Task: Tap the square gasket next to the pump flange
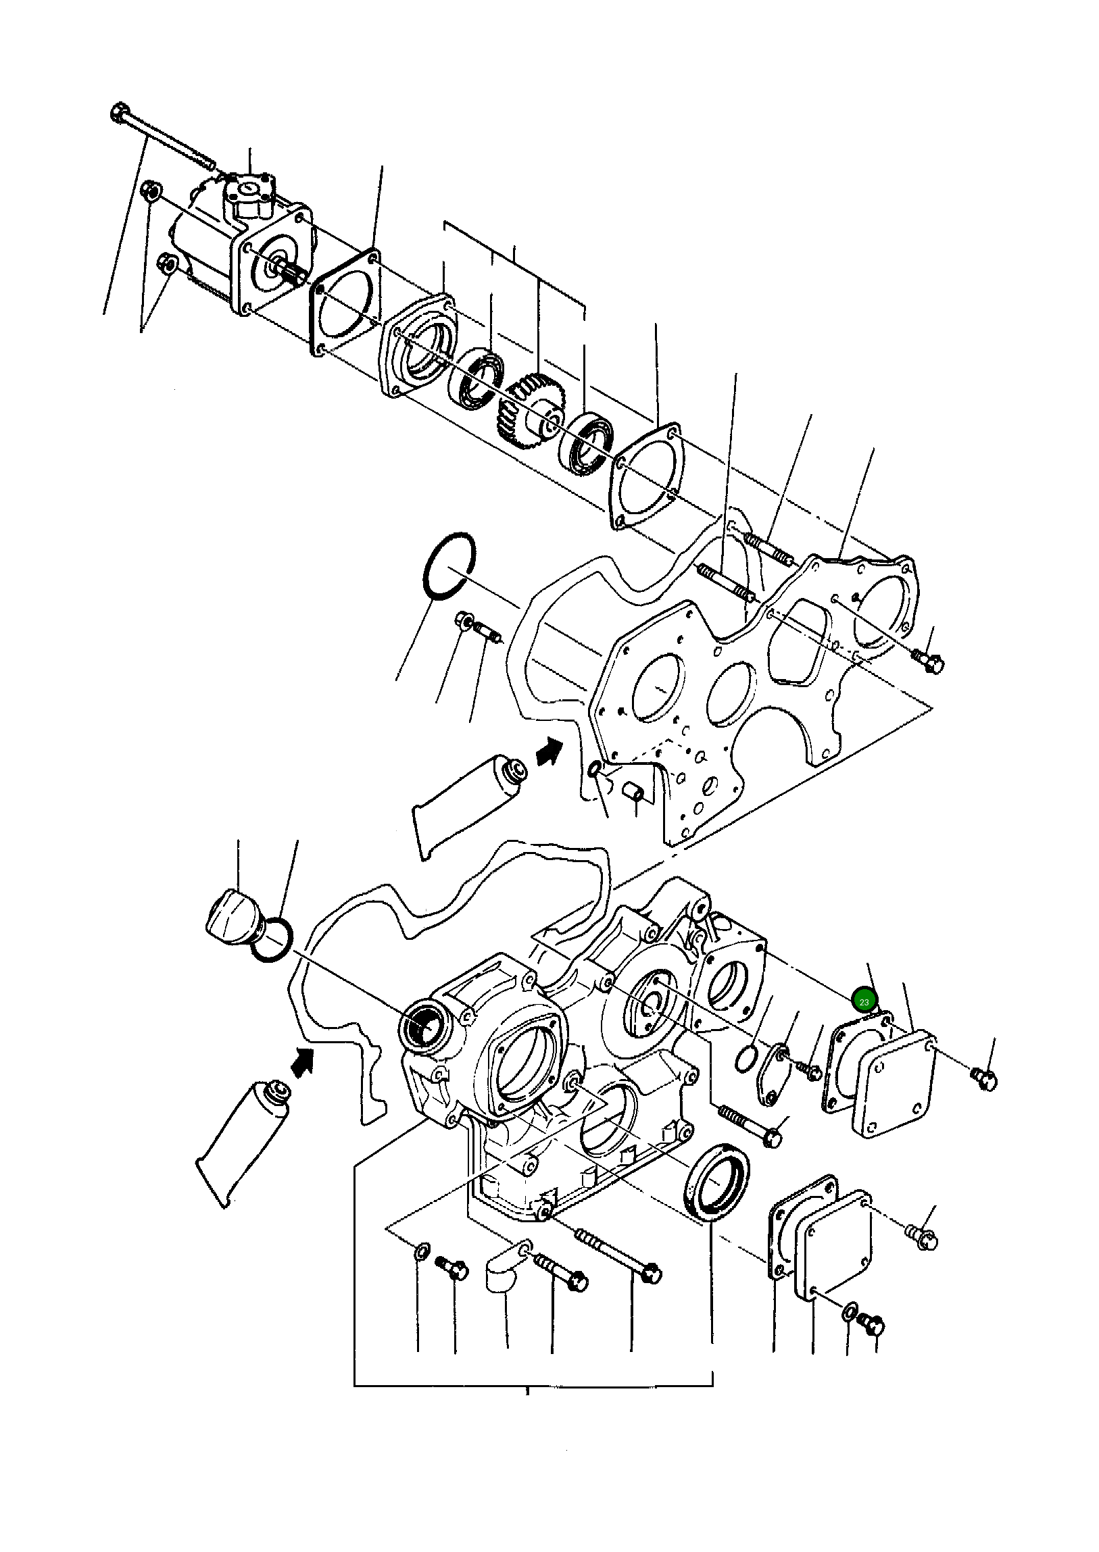345,301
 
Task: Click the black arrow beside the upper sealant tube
549,751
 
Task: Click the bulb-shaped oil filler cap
230,913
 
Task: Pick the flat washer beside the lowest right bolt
849,1314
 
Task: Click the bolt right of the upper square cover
985,1078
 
